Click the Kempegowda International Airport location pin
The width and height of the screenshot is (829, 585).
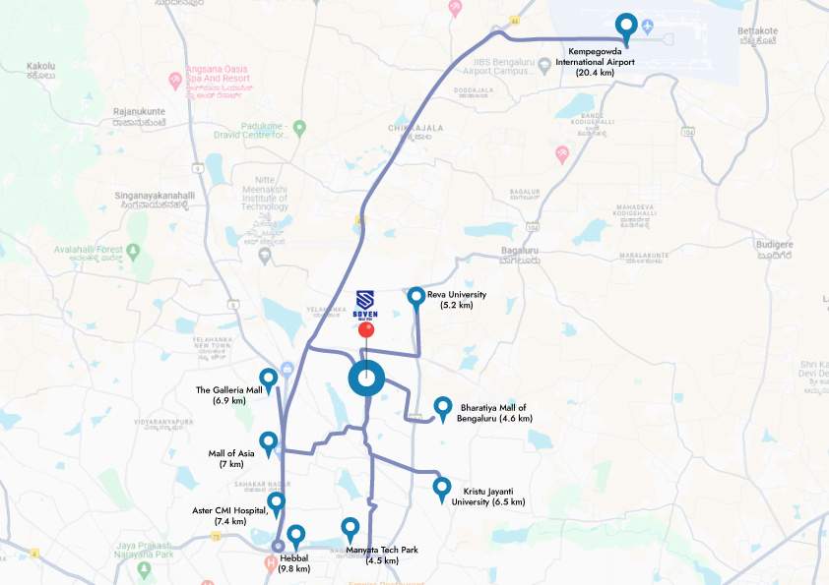(x=625, y=27)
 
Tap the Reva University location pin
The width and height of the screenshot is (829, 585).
(x=416, y=296)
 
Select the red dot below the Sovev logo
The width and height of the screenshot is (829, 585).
(x=366, y=330)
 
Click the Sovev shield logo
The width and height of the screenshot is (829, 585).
(x=365, y=299)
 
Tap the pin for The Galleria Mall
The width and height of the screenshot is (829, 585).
(x=267, y=379)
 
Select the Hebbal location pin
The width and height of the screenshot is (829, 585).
(x=295, y=536)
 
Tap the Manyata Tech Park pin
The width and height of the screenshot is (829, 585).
(x=350, y=528)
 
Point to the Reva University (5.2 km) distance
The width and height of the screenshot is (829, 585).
(x=457, y=306)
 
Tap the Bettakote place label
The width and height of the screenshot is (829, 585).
(x=758, y=31)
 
